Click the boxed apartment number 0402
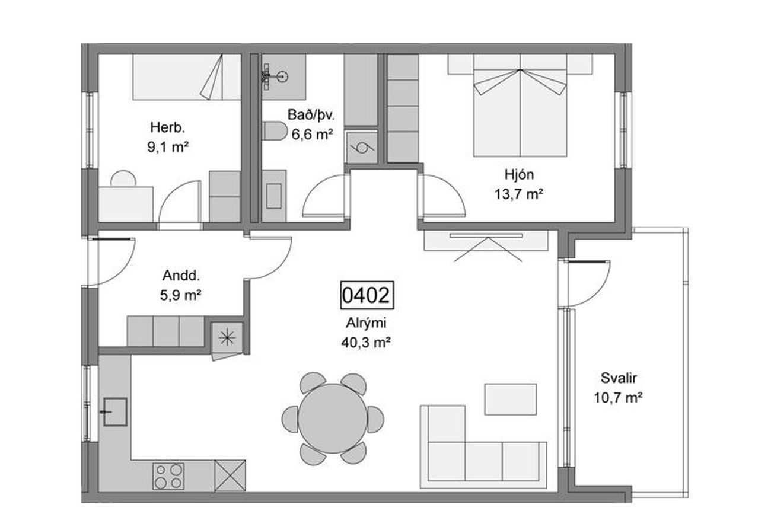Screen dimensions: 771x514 pos(367,295)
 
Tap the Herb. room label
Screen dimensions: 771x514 pos(168,128)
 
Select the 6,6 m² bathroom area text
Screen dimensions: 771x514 pos(312,134)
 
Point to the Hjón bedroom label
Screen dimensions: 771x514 pos(519,175)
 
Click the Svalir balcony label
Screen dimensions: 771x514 pos(619,378)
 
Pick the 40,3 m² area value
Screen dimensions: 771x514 pos(366,342)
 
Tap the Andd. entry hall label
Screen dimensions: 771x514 pos(181,276)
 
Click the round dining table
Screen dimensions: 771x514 pos(333,419)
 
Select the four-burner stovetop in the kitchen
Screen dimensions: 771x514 pos(168,476)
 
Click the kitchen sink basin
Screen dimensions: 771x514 pos(115,412)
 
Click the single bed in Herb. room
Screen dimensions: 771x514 pos(187,77)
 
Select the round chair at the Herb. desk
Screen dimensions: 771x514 pos(123,179)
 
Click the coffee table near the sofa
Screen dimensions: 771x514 pos(511,400)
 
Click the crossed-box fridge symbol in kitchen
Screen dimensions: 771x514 pos(230,476)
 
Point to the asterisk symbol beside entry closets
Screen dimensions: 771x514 pos(227,338)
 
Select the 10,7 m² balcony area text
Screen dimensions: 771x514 pos(618,398)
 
